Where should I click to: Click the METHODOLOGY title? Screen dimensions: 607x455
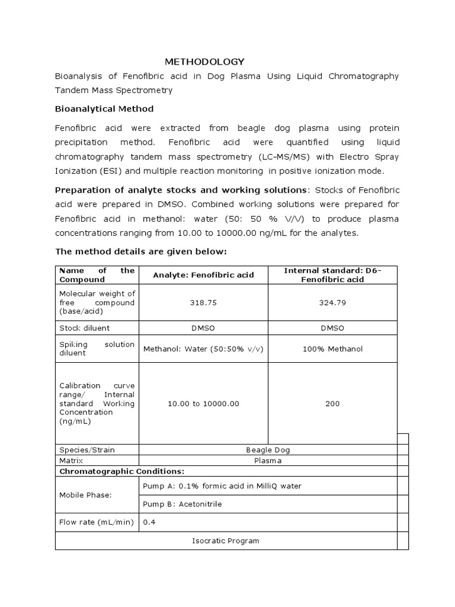pyautogui.click(x=204, y=62)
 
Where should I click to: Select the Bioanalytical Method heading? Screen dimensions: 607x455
pyautogui.click(x=104, y=109)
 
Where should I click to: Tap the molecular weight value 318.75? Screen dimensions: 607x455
pyautogui.click(x=203, y=302)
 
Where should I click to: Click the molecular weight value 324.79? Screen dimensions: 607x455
pyautogui.click(x=332, y=302)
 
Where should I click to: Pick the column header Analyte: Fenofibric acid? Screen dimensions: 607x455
pyautogui.click(x=203, y=275)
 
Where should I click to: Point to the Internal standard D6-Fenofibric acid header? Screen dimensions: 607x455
pyautogui.click(x=332, y=275)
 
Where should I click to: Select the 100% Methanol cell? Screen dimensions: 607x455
pyautogui.click(x=332, y=349)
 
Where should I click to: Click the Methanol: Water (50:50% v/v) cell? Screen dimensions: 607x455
pyautogui.click(x=203, y=349)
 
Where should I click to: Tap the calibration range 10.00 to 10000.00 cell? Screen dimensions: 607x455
pyautogui.click(x=203, y=404)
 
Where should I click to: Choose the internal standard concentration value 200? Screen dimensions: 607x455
pyautogui.click(x=332, y=404)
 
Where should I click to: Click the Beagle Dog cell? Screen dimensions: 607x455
pyautogui.click(x=268, y=450)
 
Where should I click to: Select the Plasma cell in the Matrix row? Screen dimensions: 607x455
pyautogui.click(x=268, y=461)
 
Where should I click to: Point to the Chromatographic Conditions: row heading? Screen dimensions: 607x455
pyautogui.click(x=121, y=471)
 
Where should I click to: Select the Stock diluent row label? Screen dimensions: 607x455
pyautogui.click(x=84, y=328)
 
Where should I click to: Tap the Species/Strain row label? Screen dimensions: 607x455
pyautogui.click(x=86, y=450)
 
